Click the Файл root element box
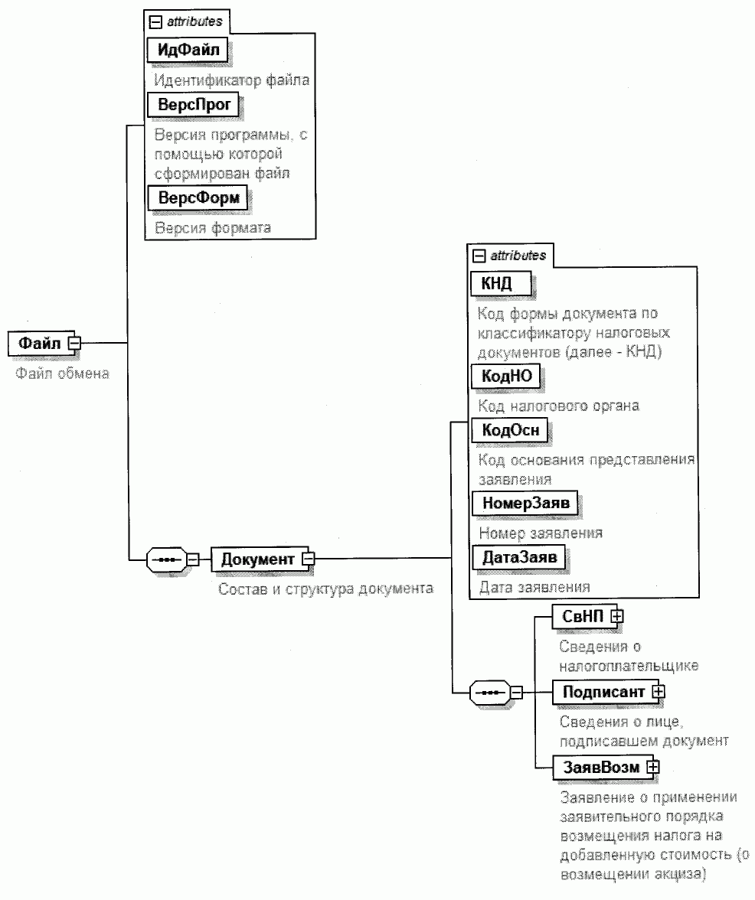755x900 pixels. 40,343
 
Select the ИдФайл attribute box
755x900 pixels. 188,50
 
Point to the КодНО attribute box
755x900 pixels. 506,376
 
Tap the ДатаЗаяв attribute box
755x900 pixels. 518,557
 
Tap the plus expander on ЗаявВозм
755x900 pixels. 652,766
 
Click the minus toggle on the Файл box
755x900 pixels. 74,343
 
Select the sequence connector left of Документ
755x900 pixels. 167,559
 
